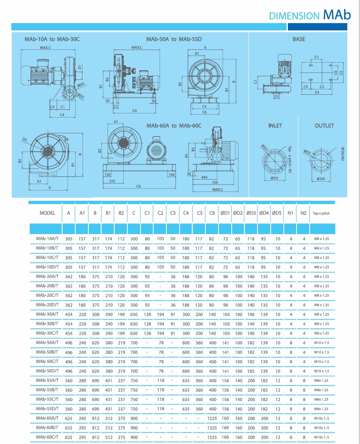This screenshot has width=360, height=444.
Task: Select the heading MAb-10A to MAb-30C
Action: click(52, 39)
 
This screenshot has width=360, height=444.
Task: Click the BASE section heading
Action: click(299, 39)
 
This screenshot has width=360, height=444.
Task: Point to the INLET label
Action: click(275, 126)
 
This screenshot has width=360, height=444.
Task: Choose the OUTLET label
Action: click(324, 126)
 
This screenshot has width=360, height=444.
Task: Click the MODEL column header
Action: click(47, 213)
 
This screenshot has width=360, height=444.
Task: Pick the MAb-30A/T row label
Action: click(47, 314)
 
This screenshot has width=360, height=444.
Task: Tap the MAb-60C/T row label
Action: click(47, 437)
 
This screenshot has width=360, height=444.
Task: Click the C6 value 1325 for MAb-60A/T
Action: click(212, 418)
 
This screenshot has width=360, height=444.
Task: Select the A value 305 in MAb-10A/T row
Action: click(68, 239)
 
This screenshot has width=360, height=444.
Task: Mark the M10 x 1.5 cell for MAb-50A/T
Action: click(322, 342)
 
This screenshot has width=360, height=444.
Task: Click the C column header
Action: click(134, 213)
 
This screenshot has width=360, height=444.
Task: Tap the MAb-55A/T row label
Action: click(47, 381)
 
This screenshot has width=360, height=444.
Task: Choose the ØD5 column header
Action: click(277, 213)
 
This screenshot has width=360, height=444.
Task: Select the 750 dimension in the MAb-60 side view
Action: click(214, 183)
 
